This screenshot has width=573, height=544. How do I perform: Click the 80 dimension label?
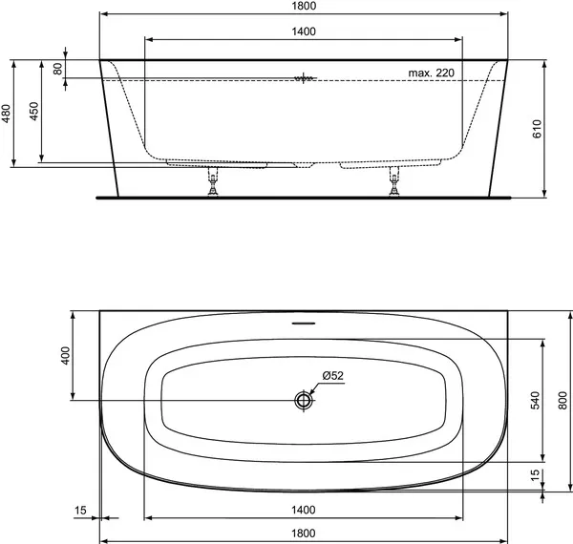tap(57, 69)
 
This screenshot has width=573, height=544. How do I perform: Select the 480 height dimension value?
tap(7, 115)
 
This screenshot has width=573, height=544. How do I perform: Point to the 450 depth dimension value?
tap(33, 113)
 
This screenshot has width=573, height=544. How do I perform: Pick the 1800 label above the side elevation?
tap(305, 7)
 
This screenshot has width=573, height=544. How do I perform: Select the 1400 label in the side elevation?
tap(305, 31)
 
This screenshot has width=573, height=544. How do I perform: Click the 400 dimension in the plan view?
tap(64, 357)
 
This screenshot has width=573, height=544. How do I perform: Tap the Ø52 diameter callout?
tap(332, 375)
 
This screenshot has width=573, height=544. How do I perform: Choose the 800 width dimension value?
tap(563, 403)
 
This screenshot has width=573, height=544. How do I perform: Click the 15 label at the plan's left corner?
tap(81, 511)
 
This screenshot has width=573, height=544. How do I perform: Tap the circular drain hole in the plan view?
tap(304, 400)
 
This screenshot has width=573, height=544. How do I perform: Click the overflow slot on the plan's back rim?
tap(304, 322)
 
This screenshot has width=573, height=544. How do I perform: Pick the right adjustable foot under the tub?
tap(393, 183)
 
